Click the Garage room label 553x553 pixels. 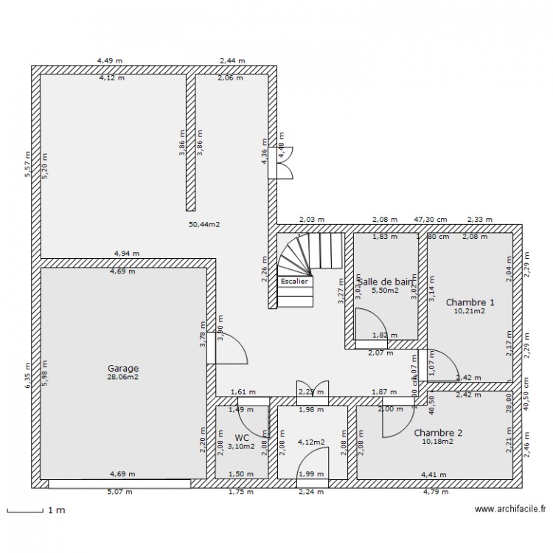(123, 369)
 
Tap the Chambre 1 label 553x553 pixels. (470, 302)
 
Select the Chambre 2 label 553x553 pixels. (438, 433)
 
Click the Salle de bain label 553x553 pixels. (385, 281)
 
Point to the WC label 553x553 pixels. (243, 437)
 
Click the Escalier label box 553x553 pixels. (296, 281)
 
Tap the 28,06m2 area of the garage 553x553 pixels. (123, 378)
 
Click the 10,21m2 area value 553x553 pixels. (470, 311)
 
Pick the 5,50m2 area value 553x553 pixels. (384, 291)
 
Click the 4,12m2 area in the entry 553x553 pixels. (312, 442)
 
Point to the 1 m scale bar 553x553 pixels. (24, 509)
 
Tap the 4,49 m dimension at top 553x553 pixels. (110, 61)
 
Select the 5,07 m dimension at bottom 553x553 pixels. (119, 492)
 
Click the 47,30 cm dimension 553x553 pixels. (430, 220)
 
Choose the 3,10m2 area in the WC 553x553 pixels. (243, 446)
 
